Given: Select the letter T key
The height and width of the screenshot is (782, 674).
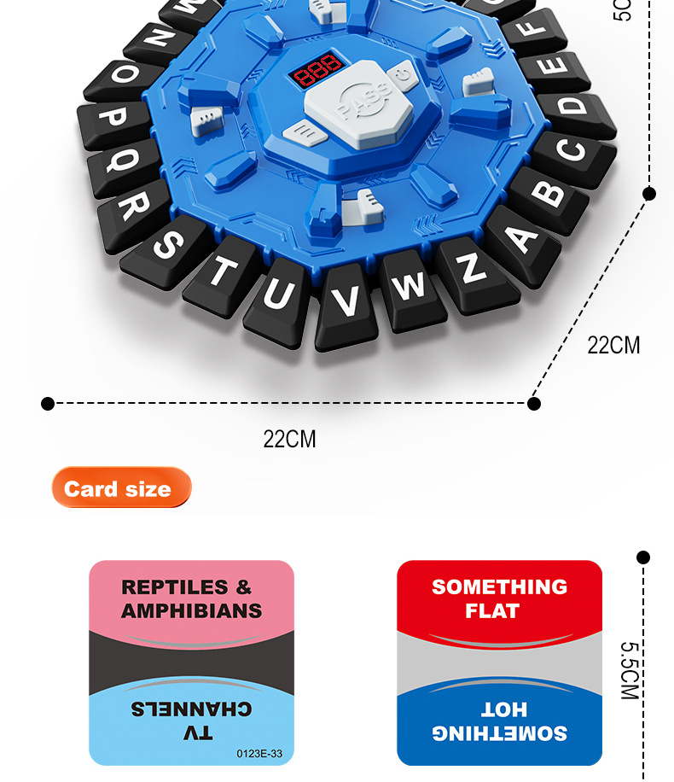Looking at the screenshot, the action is point(223,272).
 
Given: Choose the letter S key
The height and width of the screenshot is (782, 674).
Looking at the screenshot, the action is point(166,245).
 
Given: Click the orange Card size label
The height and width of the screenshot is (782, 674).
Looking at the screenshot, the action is point(120,489).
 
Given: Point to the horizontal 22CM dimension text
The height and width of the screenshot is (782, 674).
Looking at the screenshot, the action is point(289,440).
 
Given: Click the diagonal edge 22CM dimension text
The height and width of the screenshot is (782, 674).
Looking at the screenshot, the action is point(613,346).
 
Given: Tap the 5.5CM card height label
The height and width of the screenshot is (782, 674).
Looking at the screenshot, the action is point(629,671).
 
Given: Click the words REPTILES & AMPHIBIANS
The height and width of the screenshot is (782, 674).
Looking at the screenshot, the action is point(191,599).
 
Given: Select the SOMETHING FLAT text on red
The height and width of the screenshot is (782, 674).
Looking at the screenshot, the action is point(499,598).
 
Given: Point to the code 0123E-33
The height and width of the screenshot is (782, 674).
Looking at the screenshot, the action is point(259,753).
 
